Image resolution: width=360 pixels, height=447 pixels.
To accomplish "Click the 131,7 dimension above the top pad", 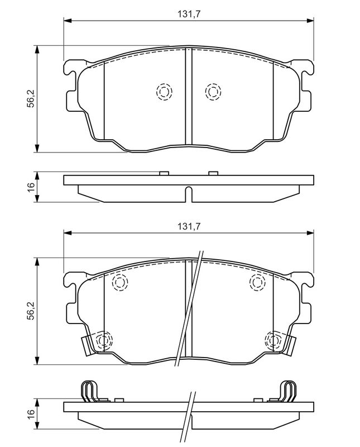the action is click(189, 14).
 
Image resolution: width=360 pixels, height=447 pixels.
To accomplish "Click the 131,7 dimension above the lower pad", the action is click(189, 227).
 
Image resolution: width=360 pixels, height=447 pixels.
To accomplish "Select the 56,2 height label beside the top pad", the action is click(31, 98).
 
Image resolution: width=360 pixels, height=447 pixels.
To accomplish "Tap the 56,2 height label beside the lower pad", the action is click(31, 311).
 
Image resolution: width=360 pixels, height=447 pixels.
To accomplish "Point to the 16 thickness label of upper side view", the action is click(31, 187).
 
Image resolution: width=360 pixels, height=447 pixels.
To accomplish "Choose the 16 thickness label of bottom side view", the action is click(31, 412).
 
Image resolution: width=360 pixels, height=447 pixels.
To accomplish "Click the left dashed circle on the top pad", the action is click(164, 92).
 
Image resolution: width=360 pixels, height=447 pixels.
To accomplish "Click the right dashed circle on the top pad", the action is click(213, 92).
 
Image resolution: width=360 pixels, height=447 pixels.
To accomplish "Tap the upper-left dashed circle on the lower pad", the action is click(120, 282).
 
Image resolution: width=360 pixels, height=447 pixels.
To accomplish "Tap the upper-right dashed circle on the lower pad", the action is click(257, 282).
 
